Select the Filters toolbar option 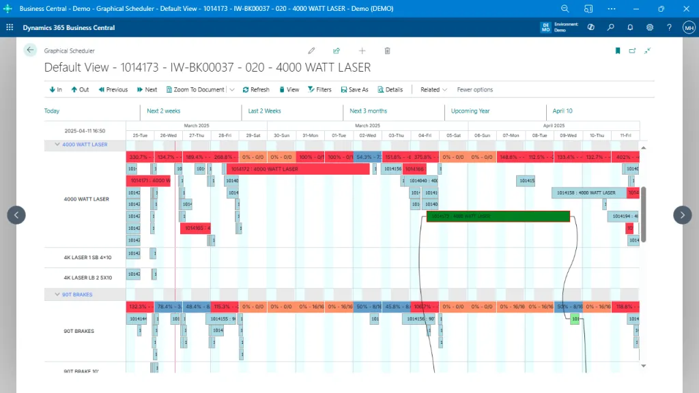(x=319, y=89)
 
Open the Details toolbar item (x=390, y=89)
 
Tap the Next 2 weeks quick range (x=164, y=111)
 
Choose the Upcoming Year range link (x=470, y=111)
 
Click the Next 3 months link (x=368, y=111)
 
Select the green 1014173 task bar (x=498, y=216)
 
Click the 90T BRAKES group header (x=77, y=295)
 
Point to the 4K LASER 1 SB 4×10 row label (x=87, y=257)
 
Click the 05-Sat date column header (x=453, y=135)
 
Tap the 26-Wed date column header (x=168, y=135)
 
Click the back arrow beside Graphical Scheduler (x=30, y=50)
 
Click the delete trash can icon (x=387, y=50)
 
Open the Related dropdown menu (x=433, y=89)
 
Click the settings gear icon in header (x=650, y=27)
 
